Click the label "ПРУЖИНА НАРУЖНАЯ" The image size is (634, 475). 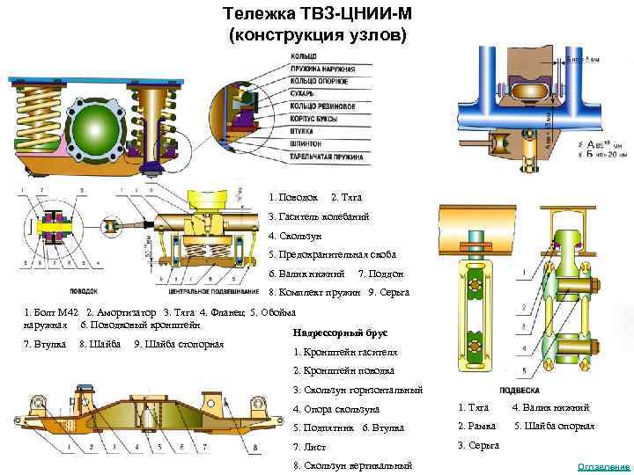pos(321,66)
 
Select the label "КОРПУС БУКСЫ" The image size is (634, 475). pos(316,115)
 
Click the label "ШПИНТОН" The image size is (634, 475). pos(307,140)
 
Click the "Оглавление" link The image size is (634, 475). pos(602,465)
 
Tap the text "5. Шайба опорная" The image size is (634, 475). pos(555,427)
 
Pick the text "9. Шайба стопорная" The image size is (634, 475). pos(173,343)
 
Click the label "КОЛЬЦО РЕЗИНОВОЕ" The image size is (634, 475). pos(319,103)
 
